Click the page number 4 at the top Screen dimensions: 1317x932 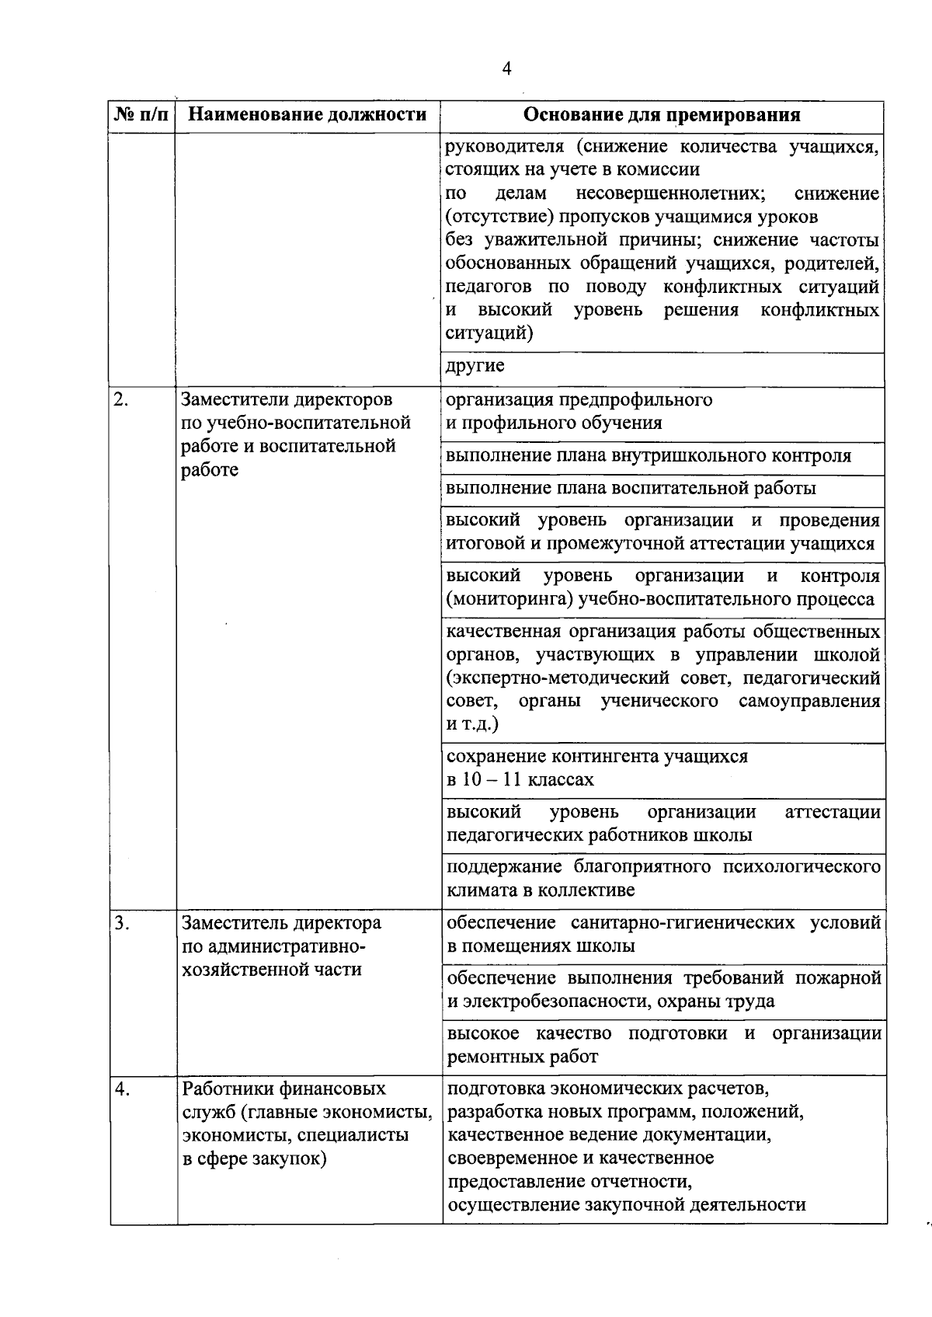(506, 69)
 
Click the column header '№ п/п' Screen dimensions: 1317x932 (141, 116)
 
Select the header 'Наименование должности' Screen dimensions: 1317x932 (308, 116)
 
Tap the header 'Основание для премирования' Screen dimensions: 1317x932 (662, 116)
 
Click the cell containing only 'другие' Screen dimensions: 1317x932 (475, 366)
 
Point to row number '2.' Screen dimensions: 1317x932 (121, 400)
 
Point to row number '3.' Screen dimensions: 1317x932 (121, 923)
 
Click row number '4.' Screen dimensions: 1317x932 (121, 1089)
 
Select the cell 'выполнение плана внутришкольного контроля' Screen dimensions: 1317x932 (649, 456)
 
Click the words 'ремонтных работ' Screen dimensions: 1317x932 (523, 1057)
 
